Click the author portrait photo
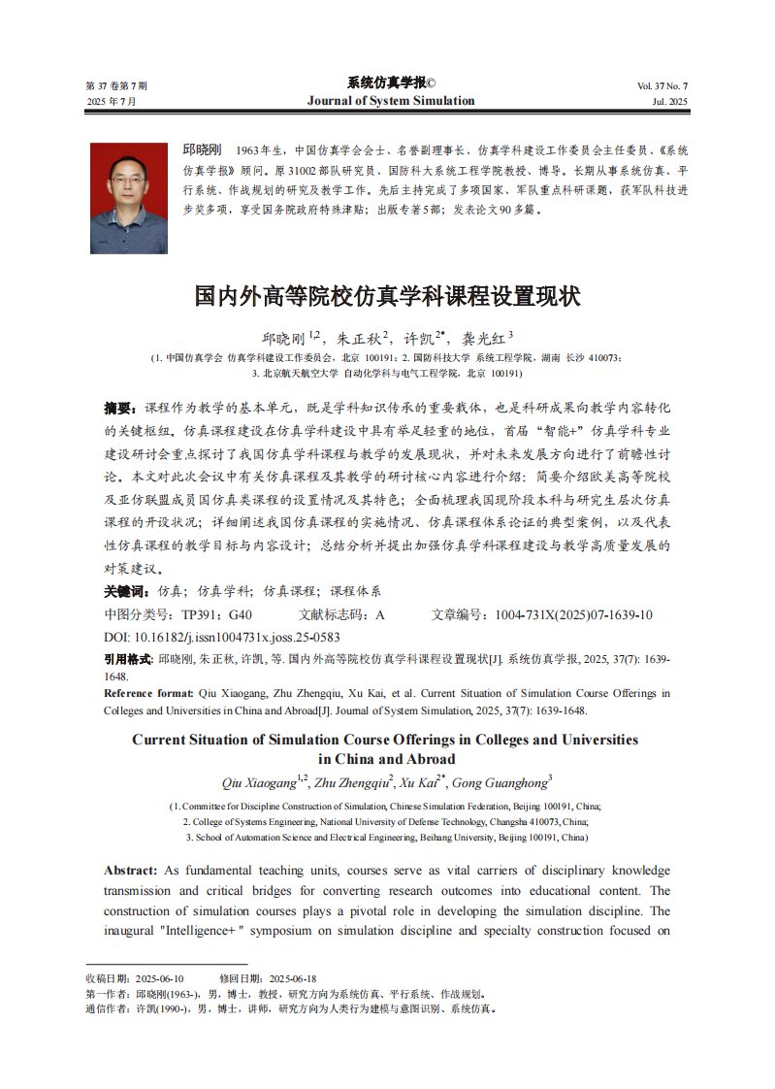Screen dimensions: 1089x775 point(128,199)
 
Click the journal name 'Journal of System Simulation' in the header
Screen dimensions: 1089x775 point(391,101)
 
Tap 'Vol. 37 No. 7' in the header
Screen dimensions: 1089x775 point(662,86)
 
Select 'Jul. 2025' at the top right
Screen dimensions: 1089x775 point(669,102)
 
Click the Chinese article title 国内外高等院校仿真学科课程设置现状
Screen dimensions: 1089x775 point(387,296)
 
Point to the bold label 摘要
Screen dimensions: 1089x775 point(122,407)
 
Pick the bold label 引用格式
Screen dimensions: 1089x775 point(128,659)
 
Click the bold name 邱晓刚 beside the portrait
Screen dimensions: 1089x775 point(202,150)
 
